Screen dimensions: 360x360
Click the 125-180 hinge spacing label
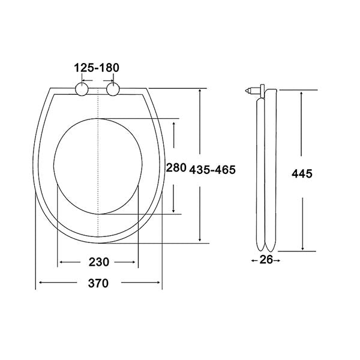coord(97,69)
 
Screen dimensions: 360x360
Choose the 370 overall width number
coord(98,283)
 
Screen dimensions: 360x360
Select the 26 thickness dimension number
coord(265,260)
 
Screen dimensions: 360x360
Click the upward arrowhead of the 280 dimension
coord(174,122)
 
